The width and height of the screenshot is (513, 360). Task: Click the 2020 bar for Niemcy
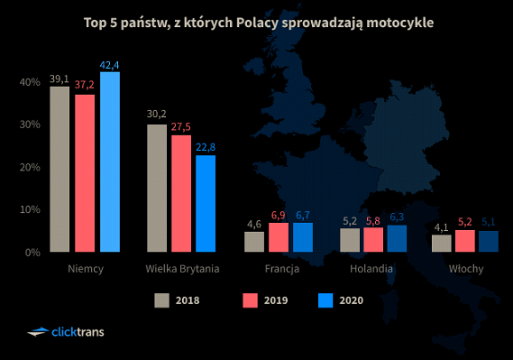[110, 162]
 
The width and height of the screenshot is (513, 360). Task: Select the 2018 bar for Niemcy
[60, 169]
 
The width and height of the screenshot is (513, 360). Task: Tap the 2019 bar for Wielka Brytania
[181, 193]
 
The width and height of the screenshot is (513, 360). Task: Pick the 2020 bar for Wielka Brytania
[206, 203]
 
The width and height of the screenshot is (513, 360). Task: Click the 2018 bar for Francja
[254, 242]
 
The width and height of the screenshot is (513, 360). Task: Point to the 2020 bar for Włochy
[489, 241]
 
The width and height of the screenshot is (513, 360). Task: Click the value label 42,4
[110, 64]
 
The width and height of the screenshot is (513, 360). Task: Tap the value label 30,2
[157, 115]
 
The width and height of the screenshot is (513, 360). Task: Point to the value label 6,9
[279, 215]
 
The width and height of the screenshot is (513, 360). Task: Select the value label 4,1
[440, 227]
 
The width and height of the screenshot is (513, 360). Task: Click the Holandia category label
[375, 269]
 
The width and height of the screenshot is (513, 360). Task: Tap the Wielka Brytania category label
[182, 269]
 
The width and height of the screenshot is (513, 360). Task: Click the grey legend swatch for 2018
[162, 300]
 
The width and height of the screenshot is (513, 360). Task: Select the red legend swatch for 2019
[251, 300]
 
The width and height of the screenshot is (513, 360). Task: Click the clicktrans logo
[66, 332]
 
